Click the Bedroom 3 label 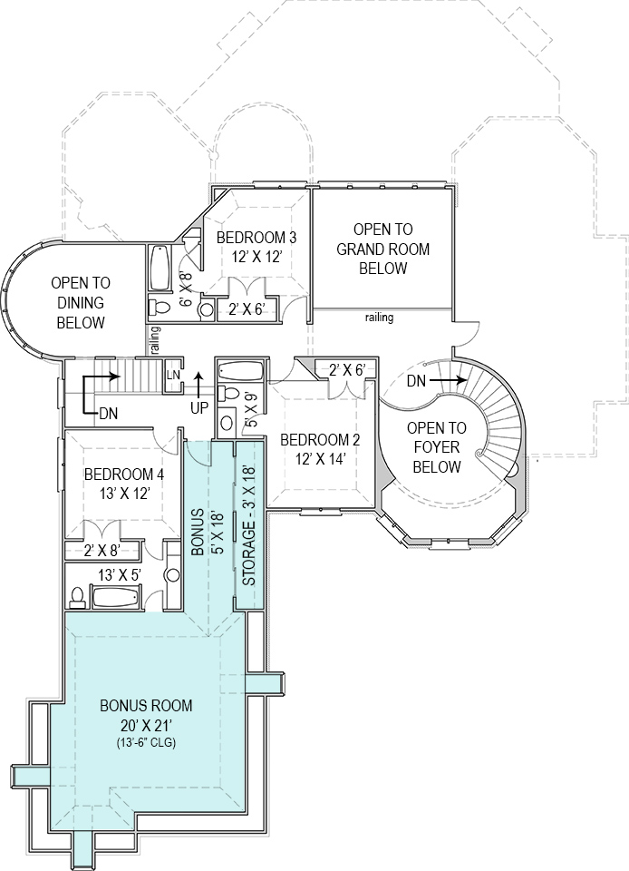coord(256,238)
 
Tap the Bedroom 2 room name coord(320,440)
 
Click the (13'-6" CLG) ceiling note coord(145,742)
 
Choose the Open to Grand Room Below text coord(382,250)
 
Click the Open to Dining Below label coord(82,302)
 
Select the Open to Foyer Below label coord(436,447)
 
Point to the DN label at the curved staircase coord(416,381)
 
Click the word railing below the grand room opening coord(379,318)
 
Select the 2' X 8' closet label coord(102,549)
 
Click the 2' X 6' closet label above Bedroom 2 coord(346,370)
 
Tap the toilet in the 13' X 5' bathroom coord(78,596)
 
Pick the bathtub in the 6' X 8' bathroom coord(160,265)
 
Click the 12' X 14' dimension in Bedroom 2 coord(320,458)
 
